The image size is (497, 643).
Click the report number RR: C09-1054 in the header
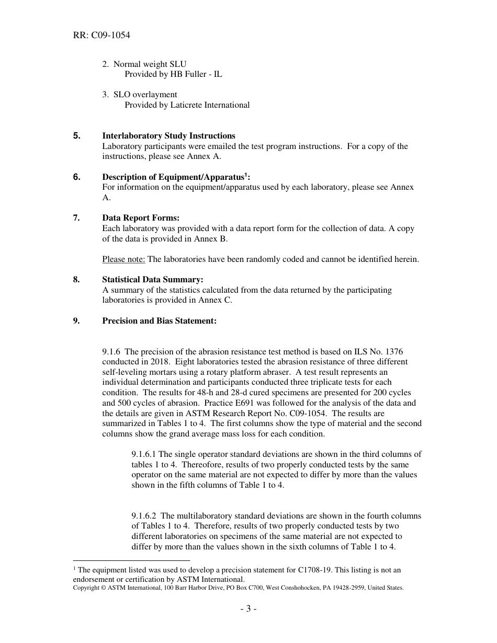click(101, 36)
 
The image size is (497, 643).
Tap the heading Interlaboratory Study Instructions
click(168, 136)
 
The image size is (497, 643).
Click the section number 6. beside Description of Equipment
click(77, 177)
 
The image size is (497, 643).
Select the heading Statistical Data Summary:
click(153, 280)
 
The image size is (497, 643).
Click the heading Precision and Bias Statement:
click(159, 321)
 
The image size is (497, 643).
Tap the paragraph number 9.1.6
click(112, 352)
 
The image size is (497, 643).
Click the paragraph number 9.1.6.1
click(144, 454)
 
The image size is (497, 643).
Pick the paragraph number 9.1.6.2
click(144, 516)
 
